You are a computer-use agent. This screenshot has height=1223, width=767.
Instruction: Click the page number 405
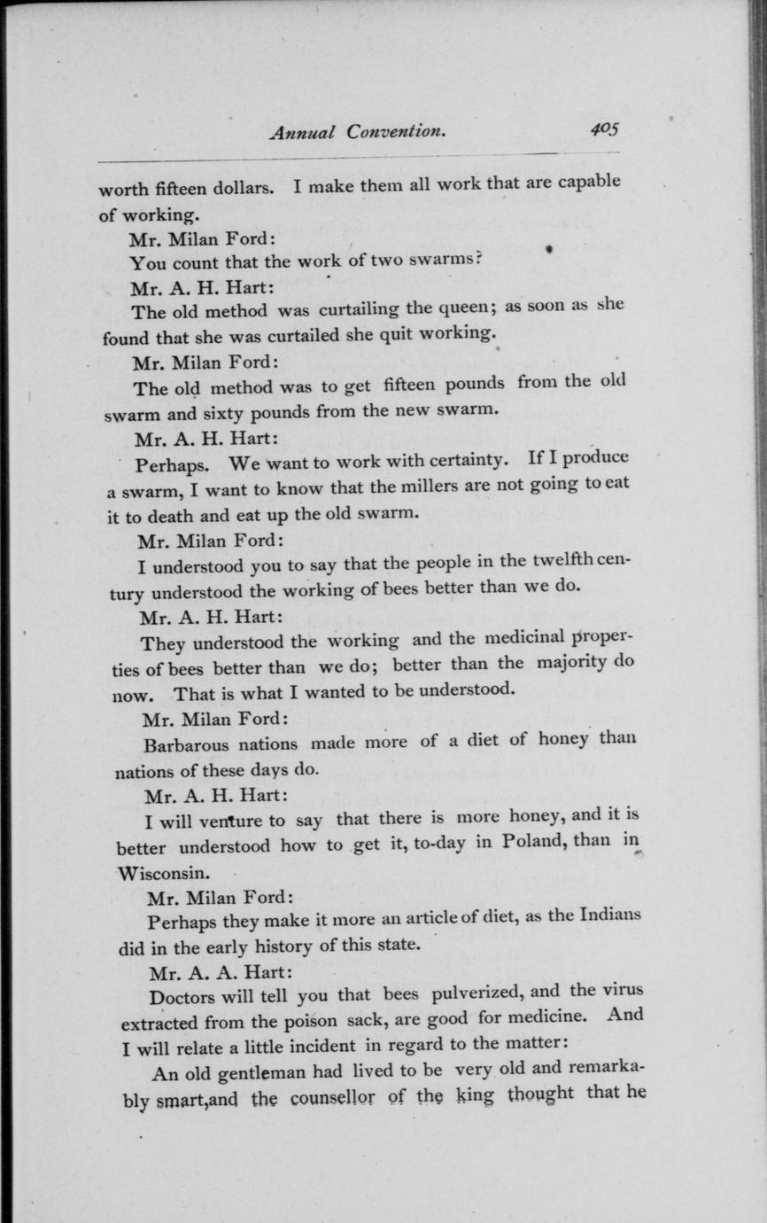coord(606,129)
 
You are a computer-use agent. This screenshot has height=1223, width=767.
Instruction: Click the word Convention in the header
coord(395,132)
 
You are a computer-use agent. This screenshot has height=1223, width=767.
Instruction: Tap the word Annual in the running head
coord(304,133)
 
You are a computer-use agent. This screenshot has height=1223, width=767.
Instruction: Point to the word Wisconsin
coord(165,871)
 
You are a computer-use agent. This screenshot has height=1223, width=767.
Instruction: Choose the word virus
coord(624,989)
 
